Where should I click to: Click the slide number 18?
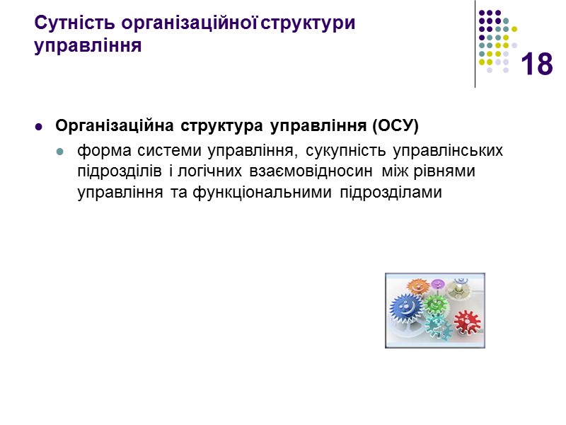(x=536, y=64)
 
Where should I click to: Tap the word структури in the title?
(x=309, y=23)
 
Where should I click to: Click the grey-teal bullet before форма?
(x=60, y=152)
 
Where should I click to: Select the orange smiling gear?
(x=418, y=287)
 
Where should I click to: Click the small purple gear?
(x=438, y=285)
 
